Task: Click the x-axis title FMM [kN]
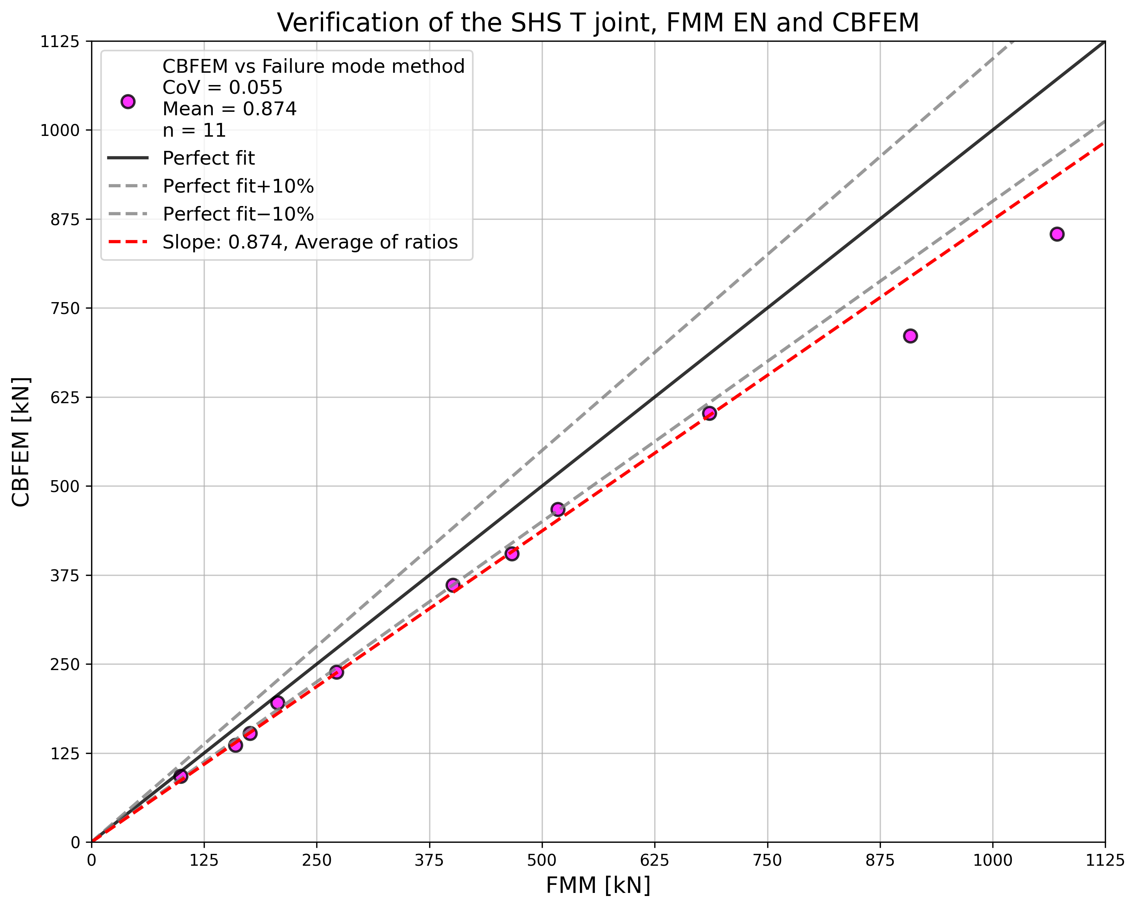click(x=598, y=886)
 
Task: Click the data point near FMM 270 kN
click(x=337, y=672)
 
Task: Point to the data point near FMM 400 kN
click(x=453, y=585)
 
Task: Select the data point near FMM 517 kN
click(x=558, y=509)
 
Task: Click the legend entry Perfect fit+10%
click(x=239, y=186)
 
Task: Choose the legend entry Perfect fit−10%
click(x=239, y=214)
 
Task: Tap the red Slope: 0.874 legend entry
click(x=310, y=242)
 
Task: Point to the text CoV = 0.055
click(x=222, y=88)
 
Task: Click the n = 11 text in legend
click(x=194, y=130)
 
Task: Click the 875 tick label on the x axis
click(x=880, y=860)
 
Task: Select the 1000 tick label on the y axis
click(x=60, y=130)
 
